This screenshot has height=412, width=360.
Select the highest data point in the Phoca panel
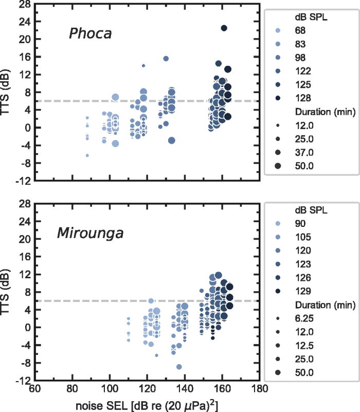[224, 28]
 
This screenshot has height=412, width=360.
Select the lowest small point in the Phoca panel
[87, 155]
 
